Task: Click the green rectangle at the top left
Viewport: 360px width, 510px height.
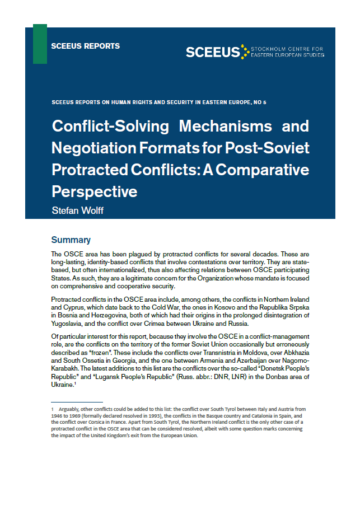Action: click(x=40, y=44)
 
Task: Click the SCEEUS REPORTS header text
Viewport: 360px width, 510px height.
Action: click(x=85, y=46)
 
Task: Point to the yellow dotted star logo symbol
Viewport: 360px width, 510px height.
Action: click(x=244, y=52)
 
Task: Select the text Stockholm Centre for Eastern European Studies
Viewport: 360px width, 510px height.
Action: click(x=287, y=52)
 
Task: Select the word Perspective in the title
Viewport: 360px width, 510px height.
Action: click(x=94, y=191)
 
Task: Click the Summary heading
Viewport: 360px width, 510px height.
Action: click(x=71, y=240)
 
